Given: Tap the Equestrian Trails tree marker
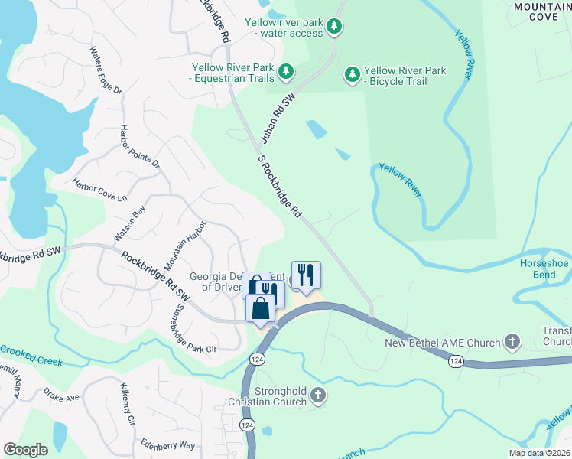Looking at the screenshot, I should click(x=286, y=72).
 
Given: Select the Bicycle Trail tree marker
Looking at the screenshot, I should click(x=353, y=74).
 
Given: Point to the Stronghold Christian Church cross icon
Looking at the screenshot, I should click(x=318, y=396).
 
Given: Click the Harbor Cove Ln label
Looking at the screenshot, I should click(x=99, y=190).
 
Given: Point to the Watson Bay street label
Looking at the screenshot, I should click(x=129, y=221).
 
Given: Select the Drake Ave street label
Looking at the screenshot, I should click(x=61, y=397).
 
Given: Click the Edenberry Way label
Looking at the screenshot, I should click(x=167, y=444).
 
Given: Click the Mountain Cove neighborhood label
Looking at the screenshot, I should click(x=541, y=11).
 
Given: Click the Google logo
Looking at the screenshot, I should click(x=25, y=450).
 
